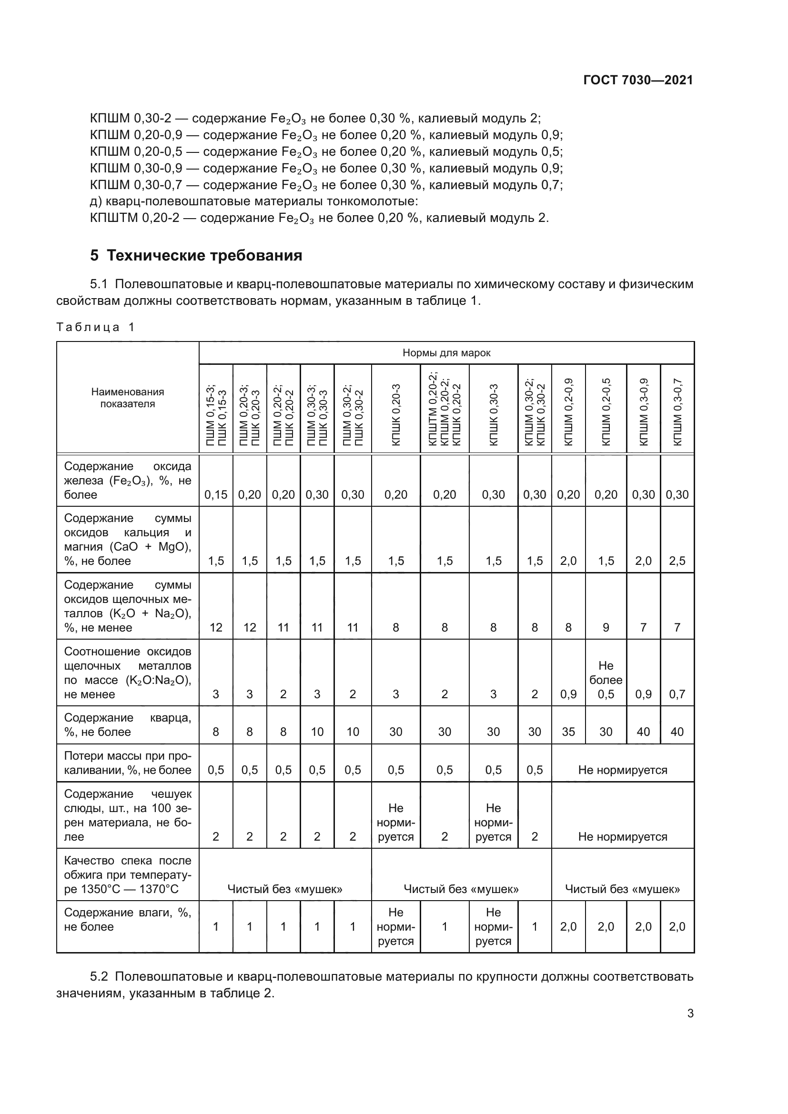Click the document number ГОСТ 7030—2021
click(637, 80)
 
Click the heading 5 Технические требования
click(196, 255)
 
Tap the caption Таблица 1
click(95, 327)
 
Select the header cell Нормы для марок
click(446, 353)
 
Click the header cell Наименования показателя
click(128, 398)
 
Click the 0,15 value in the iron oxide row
click(215, 494)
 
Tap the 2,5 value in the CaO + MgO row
click(677, 561)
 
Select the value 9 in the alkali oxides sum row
click(606, 627)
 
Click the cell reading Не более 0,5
click(606, 680)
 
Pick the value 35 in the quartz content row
click(568, 732)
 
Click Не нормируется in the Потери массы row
click(623, 770)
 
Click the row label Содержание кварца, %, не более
click(128, 725)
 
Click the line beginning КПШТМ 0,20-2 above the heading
click(319, 218)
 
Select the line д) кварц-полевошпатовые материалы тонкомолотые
click(254, 201)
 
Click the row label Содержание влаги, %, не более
click(128, 920)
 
